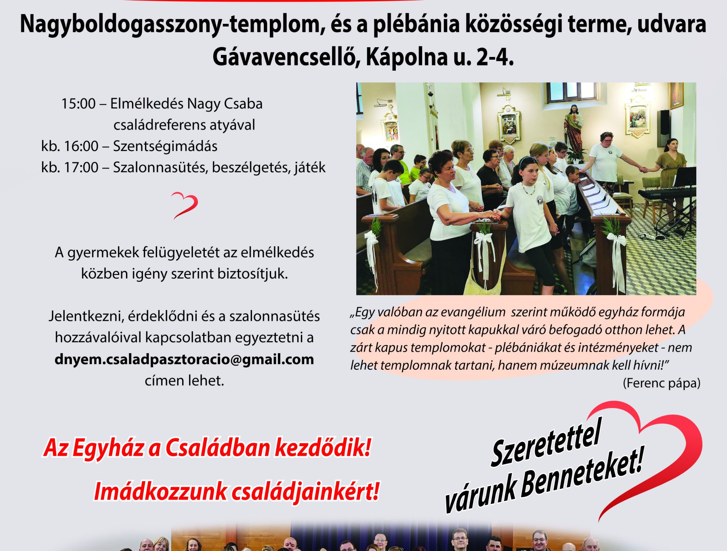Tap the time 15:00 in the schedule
[78, 104]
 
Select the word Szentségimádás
[165, 146]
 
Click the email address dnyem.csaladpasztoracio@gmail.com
[184, 359]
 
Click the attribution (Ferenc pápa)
[662, 383]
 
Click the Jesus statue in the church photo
[573, 127]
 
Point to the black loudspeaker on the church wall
[664, 128]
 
